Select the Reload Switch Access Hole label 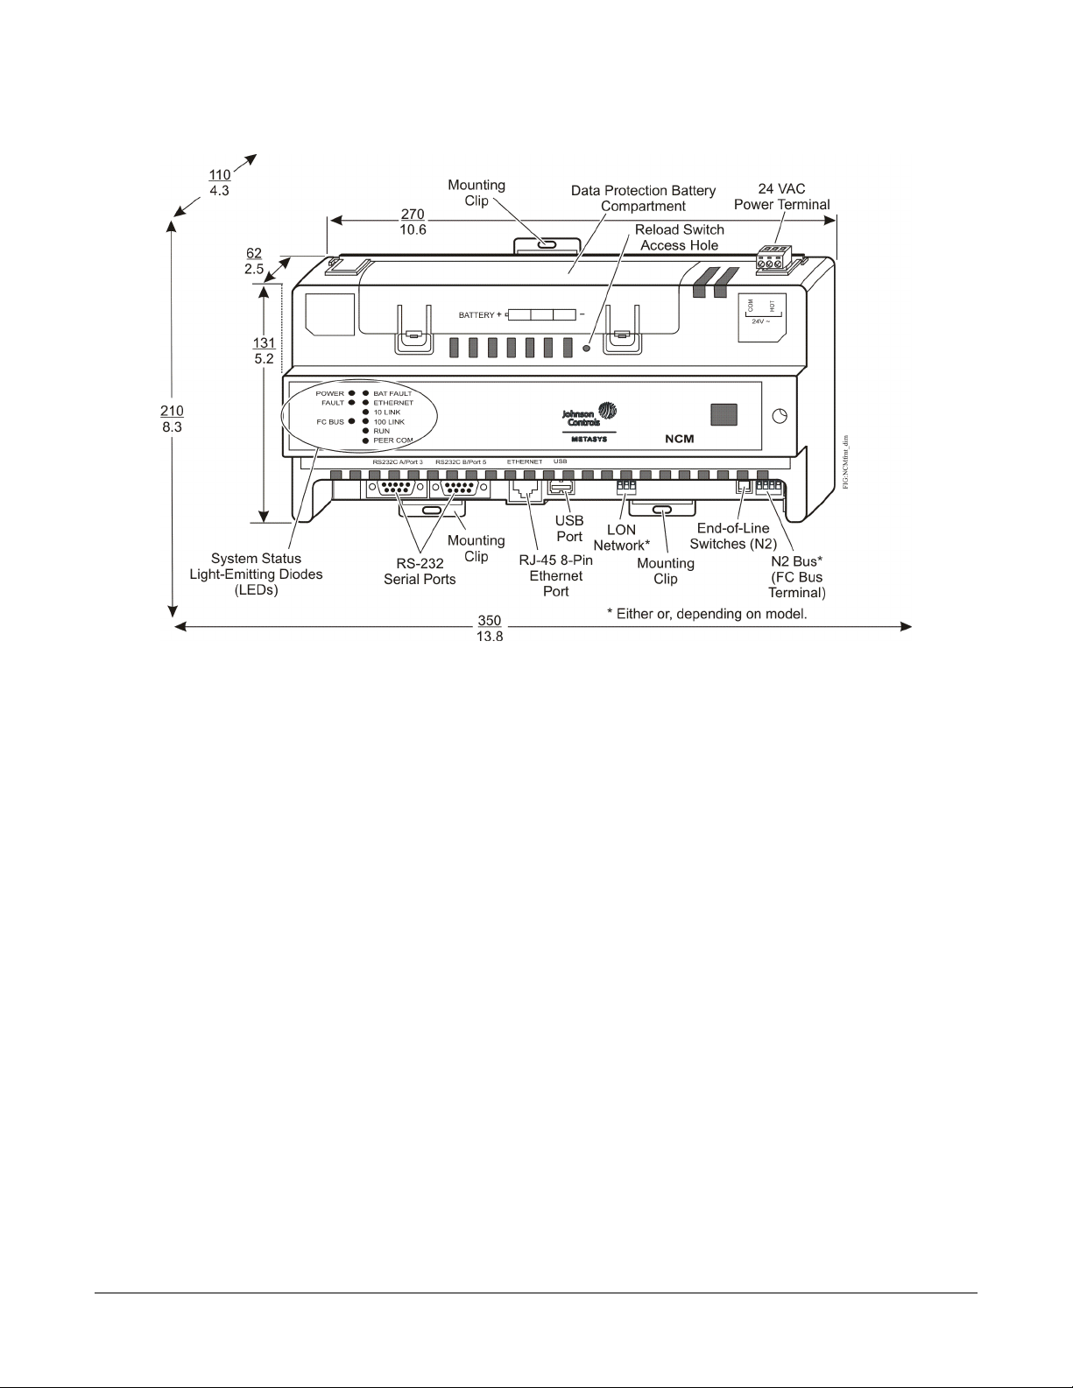click(680, 237)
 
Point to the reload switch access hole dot click(588, 348)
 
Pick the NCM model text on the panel click(679, 438)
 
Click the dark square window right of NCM click(723, 414)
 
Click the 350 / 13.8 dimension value click(490, 627)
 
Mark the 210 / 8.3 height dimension click(172, 418)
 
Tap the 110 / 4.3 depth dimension click(219, 182)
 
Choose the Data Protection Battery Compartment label click(643, 198)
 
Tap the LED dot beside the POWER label click(351, 394)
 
